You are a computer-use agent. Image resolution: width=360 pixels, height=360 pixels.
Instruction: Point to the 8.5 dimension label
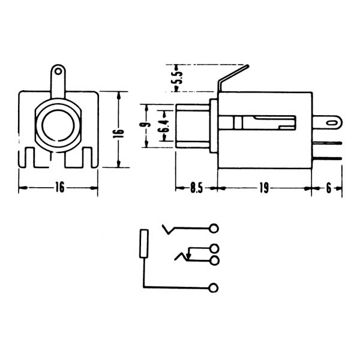(194, 188)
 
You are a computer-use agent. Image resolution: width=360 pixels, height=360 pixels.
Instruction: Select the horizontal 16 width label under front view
(59, 188)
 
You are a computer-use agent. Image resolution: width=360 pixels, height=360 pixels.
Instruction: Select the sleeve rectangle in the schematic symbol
(143, 244)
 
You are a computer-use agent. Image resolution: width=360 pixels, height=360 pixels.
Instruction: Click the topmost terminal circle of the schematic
(214, 228)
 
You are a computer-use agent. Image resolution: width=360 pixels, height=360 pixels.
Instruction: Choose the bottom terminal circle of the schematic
(214, 288)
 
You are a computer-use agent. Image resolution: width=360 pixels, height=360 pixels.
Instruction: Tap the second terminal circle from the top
(214, 248)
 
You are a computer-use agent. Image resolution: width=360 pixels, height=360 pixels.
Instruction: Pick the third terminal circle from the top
(214, 260)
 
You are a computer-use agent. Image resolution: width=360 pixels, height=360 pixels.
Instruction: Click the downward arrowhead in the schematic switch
(189, 259)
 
